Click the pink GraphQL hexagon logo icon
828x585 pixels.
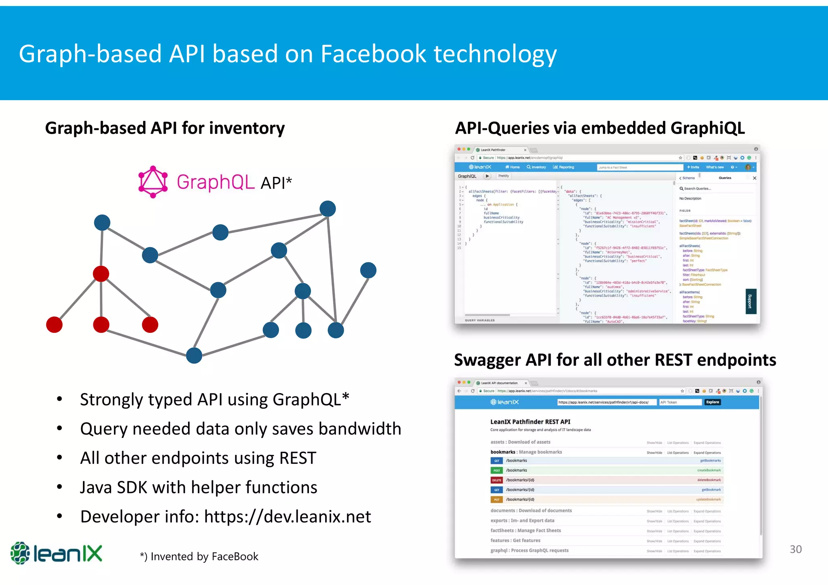[153, 182]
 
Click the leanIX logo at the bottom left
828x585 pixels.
[56, 553]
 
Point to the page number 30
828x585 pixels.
[795, 549]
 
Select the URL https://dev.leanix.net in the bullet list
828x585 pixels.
[287, 517]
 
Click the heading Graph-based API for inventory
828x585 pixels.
[165, 128]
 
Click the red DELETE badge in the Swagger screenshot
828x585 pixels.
[496, 480]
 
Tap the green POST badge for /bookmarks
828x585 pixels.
[496, 470]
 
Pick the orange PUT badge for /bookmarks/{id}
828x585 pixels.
[496, 500]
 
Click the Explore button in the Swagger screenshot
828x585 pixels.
[712, 402]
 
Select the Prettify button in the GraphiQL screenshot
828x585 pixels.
[503, 176]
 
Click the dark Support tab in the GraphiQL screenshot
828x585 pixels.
[750, 301]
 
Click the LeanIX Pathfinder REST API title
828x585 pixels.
[530, 422]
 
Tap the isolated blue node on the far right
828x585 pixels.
[368, 270]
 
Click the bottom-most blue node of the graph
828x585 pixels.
[194, 356]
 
